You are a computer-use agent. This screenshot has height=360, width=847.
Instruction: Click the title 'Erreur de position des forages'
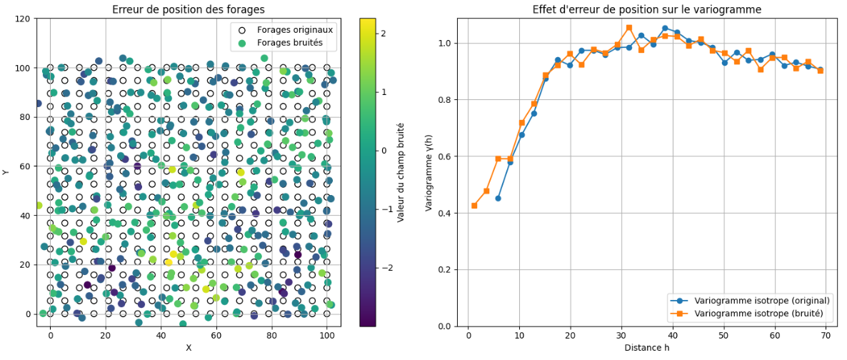tap(189, 9)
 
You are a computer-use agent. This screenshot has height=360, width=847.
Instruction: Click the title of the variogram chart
tap(646, 9)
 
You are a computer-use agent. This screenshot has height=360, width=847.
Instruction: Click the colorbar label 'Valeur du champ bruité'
tap(401, 171)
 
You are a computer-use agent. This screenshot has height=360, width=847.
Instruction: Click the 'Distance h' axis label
tap(646, 348)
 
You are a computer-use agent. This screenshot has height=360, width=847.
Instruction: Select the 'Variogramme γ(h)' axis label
tap(428, 171)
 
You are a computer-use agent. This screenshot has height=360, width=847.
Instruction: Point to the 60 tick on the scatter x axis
tap(216, 335)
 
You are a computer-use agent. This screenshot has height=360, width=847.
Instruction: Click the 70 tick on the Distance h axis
tap(826, 335)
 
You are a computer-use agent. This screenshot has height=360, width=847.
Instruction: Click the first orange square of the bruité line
tap(474, 206)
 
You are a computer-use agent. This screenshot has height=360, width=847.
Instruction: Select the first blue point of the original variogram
tap(498, 198)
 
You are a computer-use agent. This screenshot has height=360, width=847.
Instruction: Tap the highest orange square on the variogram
tap(629, 28)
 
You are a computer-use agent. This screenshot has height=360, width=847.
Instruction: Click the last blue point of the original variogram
tap(820, 69)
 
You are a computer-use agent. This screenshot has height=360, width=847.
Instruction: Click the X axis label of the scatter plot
tap(189, 348)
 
